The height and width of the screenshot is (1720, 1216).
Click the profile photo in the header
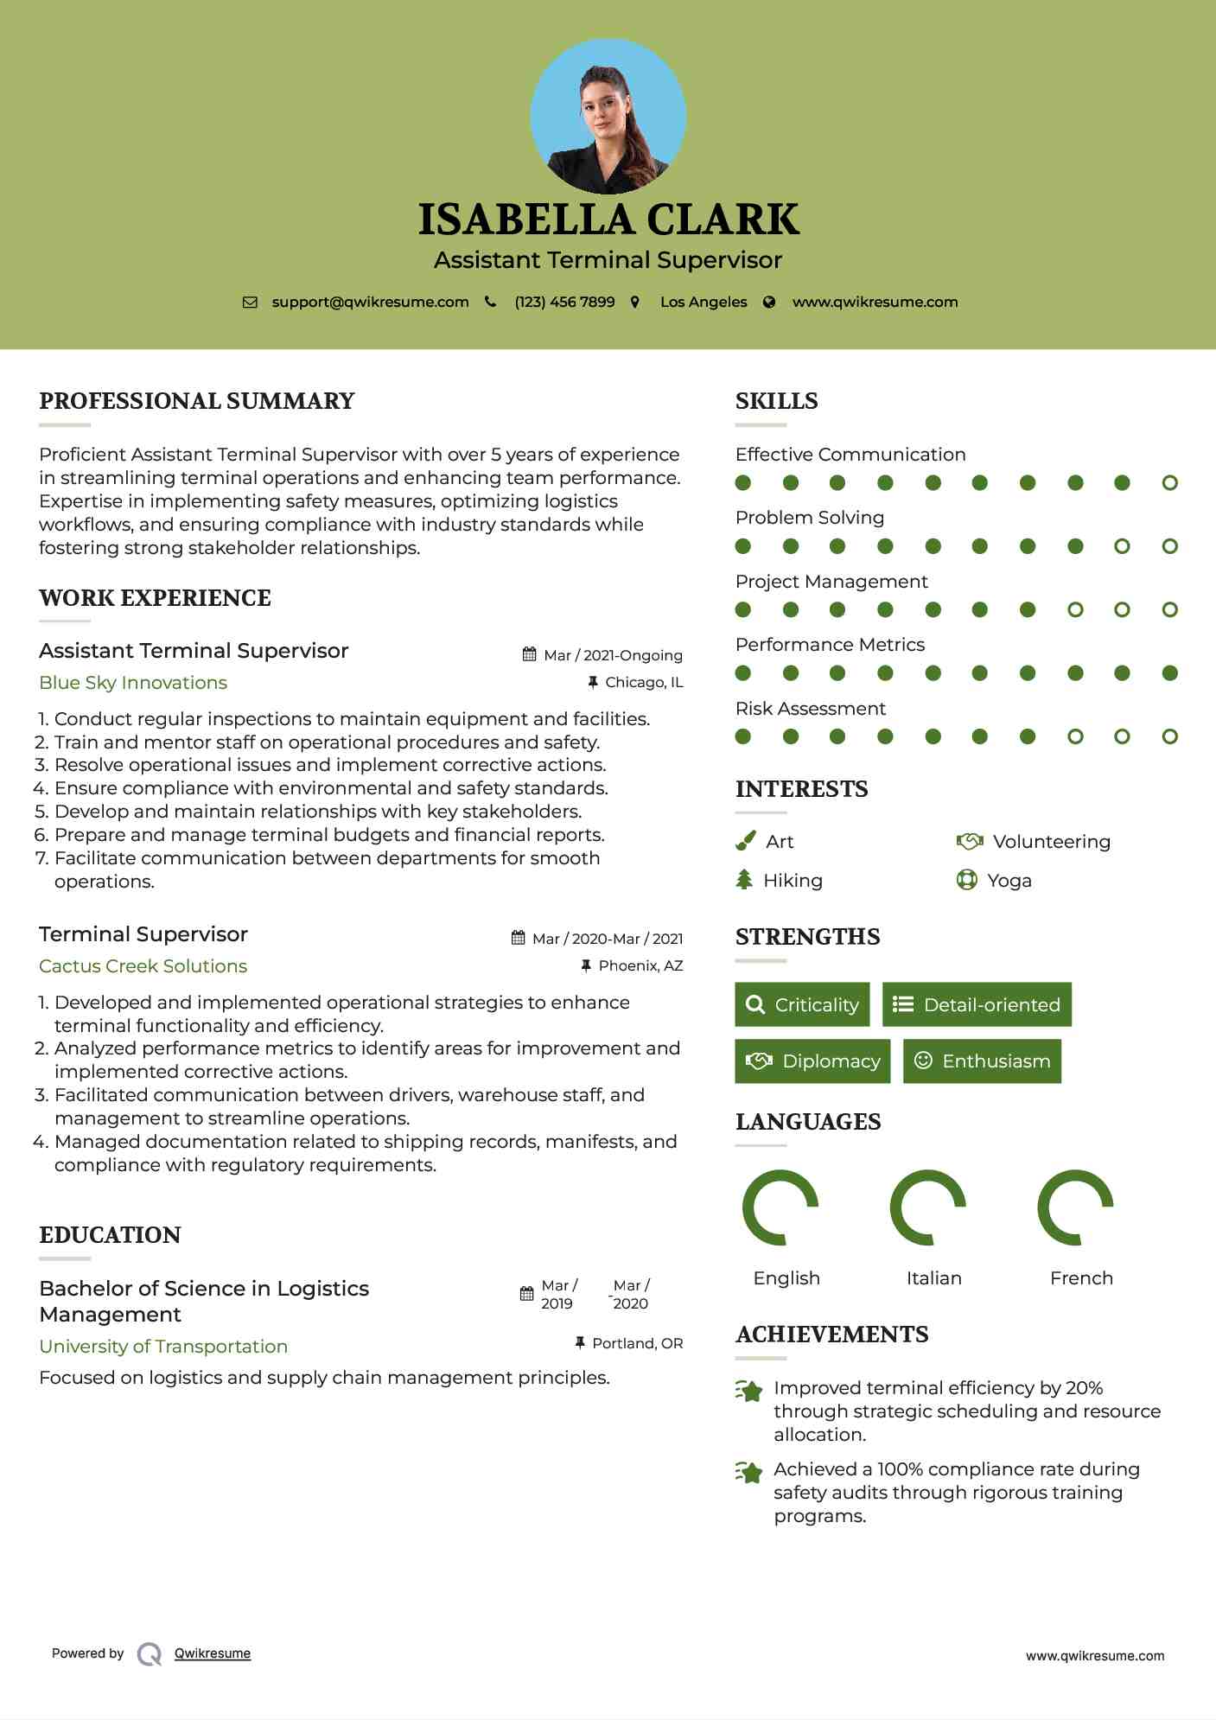(x=608, y=116)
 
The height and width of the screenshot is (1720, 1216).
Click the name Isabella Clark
(x=608, y=220)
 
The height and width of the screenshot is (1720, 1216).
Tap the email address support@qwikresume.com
(x=370, y=303)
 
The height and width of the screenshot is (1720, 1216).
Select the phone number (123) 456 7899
(x=564, y=303)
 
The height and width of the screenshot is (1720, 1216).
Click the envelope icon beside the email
(x=250, y=303)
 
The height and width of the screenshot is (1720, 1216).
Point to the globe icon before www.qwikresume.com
(x=769, y=303)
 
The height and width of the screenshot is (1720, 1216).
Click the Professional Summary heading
(x=197, y=401)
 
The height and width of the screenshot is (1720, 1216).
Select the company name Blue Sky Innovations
(x=133, y=683)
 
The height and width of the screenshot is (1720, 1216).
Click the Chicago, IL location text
(x=644, y=683)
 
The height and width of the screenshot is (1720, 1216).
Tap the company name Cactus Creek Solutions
(x=143, y=966)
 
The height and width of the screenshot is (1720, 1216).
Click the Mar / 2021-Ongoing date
(x=613, y=655)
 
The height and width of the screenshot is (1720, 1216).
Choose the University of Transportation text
(x=163, y=1347)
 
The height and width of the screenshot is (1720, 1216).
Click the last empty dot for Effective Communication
(x=1169, y=483)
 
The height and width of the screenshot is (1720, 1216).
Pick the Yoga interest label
(x=1009, y=881)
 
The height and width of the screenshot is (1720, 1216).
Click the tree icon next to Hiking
(x=744, y=880)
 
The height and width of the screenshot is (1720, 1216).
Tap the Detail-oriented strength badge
(x=977, y=1004)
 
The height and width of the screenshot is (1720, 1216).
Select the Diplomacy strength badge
(x=812, y=1061)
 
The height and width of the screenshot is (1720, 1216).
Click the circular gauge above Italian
(x=927, y=1207)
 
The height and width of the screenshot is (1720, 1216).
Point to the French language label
(x=1081, y=1278)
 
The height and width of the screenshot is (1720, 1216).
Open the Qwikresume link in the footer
(x=213, y=1653)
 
